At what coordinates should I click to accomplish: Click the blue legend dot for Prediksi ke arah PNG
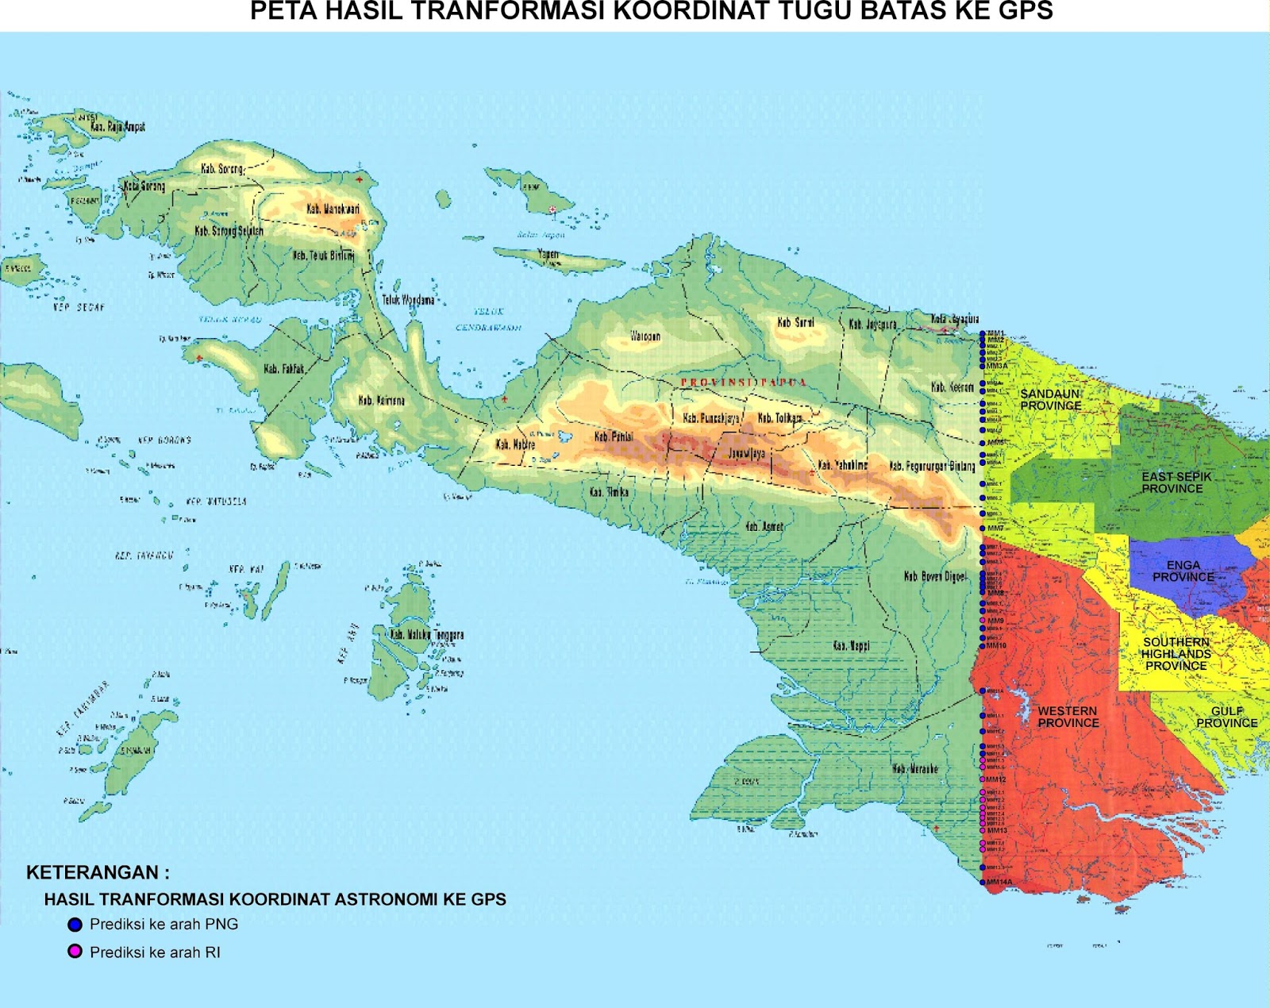pyautogui.click(x=75, y=925)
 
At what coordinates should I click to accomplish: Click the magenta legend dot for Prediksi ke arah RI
pyautogui.click(x=75, y=952)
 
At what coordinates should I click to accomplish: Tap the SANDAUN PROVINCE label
pyautogui.click(x=1050, y=400)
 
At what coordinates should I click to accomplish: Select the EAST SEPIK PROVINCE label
pyautogui.click(x=1176, y=483)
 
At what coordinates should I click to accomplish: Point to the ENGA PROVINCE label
pyautogui.click(x=1183, y=571)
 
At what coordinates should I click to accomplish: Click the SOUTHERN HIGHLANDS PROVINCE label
pyautogui.click(x=1176, y=654)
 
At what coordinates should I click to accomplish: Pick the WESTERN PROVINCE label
pyautogui.click(x=1068, y=717)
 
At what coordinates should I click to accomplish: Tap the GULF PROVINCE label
pyautogui.click(x=1226, y=717)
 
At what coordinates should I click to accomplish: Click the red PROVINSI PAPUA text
pyautogui.click(x=743, y=383)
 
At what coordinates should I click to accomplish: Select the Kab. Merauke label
pyautogui.click(x=914, y=768)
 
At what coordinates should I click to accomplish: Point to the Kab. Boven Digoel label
pyautogui.click(x=935, y=576)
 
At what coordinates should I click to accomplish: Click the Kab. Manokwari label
pyautogui.click(x=333, y=209)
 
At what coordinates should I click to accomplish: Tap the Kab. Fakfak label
pyautogui.click(x=283, y=369)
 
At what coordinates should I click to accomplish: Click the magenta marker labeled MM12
pyautogui.click(x=983, y=779)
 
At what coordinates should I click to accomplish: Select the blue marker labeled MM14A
pyautogui.click(x=983, y=882)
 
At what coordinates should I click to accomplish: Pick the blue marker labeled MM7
pyautogui.click(x=983, y=528)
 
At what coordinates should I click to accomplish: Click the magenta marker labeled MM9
pyautogui.click(x=983, y=621)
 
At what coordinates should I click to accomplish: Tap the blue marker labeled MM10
pyautogui.click(x=983, y=645)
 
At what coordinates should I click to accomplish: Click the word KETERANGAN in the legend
pyautogui.click(x=93, y=873)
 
